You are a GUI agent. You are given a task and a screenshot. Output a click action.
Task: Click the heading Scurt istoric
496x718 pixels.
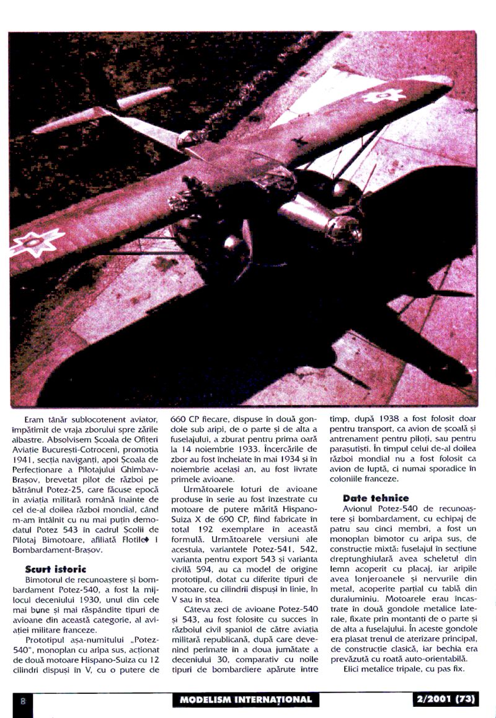coord(56,568)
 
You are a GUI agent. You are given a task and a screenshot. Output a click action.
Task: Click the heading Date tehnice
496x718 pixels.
coord(376,498)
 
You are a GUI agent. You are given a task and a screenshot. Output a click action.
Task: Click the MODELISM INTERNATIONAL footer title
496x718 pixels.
coord(246,700)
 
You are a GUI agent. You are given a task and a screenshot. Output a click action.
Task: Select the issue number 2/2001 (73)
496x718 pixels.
coord(443,700)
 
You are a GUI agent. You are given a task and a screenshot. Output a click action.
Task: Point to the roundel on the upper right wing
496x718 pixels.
coord(383,96)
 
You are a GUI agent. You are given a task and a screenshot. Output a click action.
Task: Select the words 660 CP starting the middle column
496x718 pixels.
coord(187,420)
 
